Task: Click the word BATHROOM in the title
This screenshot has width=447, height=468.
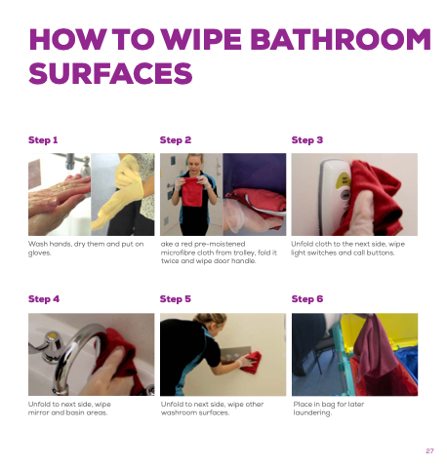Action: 341,39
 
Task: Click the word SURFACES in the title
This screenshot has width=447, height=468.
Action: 110,73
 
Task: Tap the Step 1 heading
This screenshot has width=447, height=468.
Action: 43,140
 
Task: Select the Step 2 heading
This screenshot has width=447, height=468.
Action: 176,140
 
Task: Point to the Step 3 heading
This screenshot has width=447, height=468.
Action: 307,140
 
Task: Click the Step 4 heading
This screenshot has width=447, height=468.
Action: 44,299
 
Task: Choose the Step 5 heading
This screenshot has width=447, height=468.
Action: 176,299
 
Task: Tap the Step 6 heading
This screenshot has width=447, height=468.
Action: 307,299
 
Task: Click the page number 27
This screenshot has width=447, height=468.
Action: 429,450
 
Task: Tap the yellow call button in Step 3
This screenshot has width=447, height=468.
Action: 345,180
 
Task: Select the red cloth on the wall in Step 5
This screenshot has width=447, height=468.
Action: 253,362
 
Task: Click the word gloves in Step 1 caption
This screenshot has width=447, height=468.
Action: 39,253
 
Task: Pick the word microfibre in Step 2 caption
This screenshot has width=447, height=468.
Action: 178,253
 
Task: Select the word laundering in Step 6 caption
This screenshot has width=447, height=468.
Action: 312,412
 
